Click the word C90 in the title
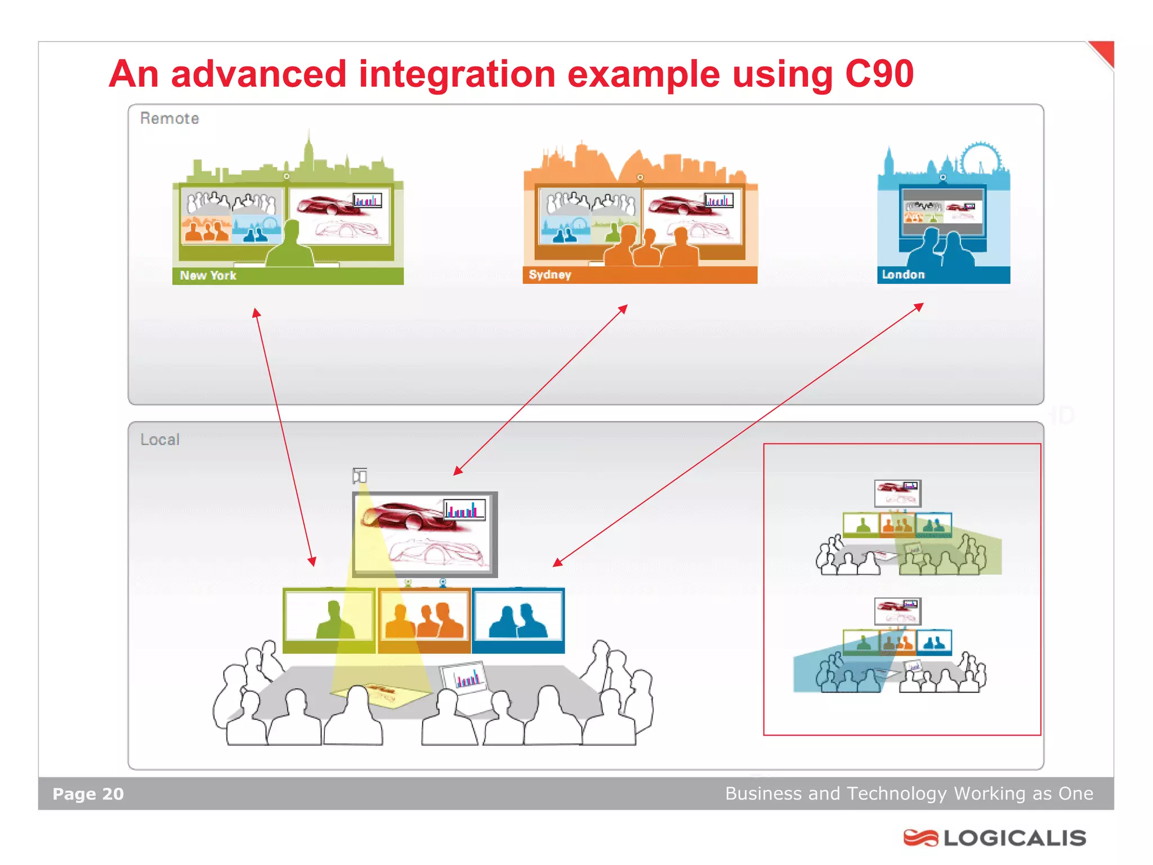point(879,74)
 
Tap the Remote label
point(169,118)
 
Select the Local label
point(160,439)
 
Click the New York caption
point(208,275)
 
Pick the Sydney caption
point(549,274)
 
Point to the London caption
point(903,274)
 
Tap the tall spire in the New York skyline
point(308,148)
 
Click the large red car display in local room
point(424,533)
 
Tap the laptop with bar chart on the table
point(464,678)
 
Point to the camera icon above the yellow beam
point(360,476)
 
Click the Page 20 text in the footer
point(88,793)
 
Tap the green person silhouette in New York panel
point(291,246)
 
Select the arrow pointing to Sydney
point(540,390)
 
